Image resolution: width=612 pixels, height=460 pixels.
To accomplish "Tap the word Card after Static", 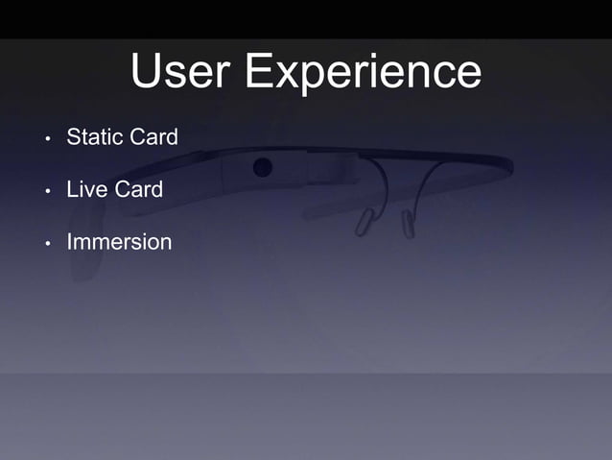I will point(153,137).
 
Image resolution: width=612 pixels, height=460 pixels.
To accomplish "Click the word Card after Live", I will point(138,189).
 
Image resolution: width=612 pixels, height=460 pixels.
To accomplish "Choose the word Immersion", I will point(119,241).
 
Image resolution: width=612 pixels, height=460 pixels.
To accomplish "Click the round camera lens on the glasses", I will point(262,168).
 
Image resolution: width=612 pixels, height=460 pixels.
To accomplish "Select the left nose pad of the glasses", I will point(364,224).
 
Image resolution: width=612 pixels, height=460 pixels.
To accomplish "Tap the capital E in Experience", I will point(259,73).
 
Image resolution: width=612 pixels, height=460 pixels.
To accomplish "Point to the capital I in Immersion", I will point(68,241).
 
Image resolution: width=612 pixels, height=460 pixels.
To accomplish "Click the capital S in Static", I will point(73,137).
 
